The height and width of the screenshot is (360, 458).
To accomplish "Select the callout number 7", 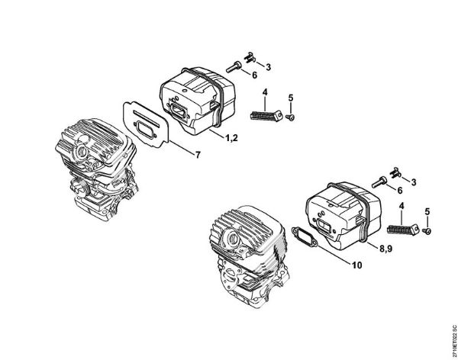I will point(198,156).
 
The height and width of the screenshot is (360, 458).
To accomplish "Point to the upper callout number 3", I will point(268,67).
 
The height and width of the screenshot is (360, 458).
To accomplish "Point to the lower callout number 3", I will point(413,182).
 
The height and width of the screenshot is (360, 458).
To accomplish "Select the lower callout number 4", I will point(402,205).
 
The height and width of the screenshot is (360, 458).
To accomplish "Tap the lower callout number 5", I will point(427,211).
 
